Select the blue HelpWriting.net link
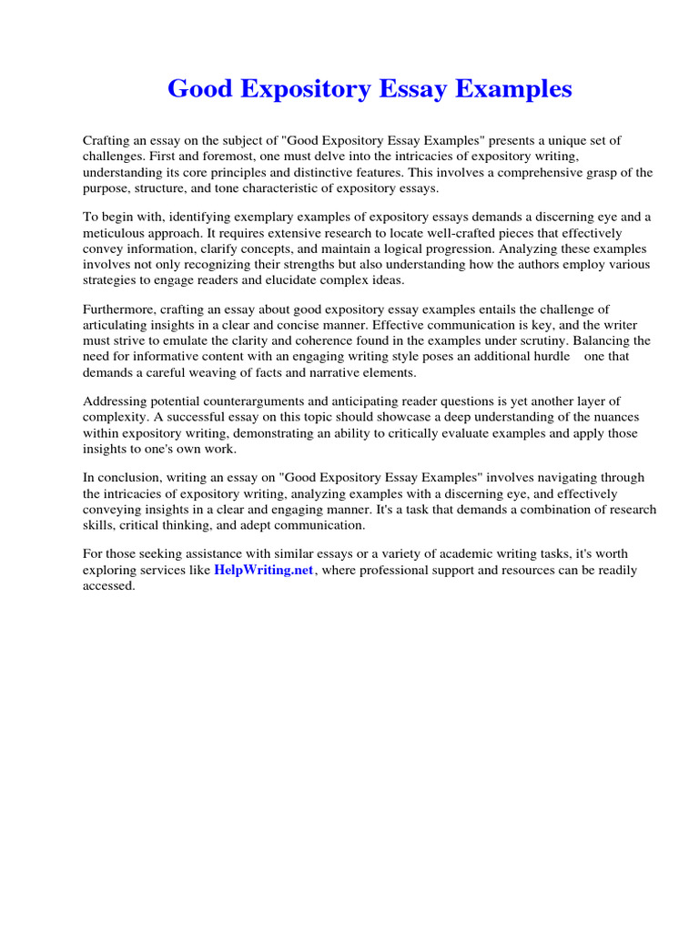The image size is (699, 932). point(263,570)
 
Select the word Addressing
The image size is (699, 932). point(116,401)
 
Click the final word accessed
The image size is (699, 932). point(108,586)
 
